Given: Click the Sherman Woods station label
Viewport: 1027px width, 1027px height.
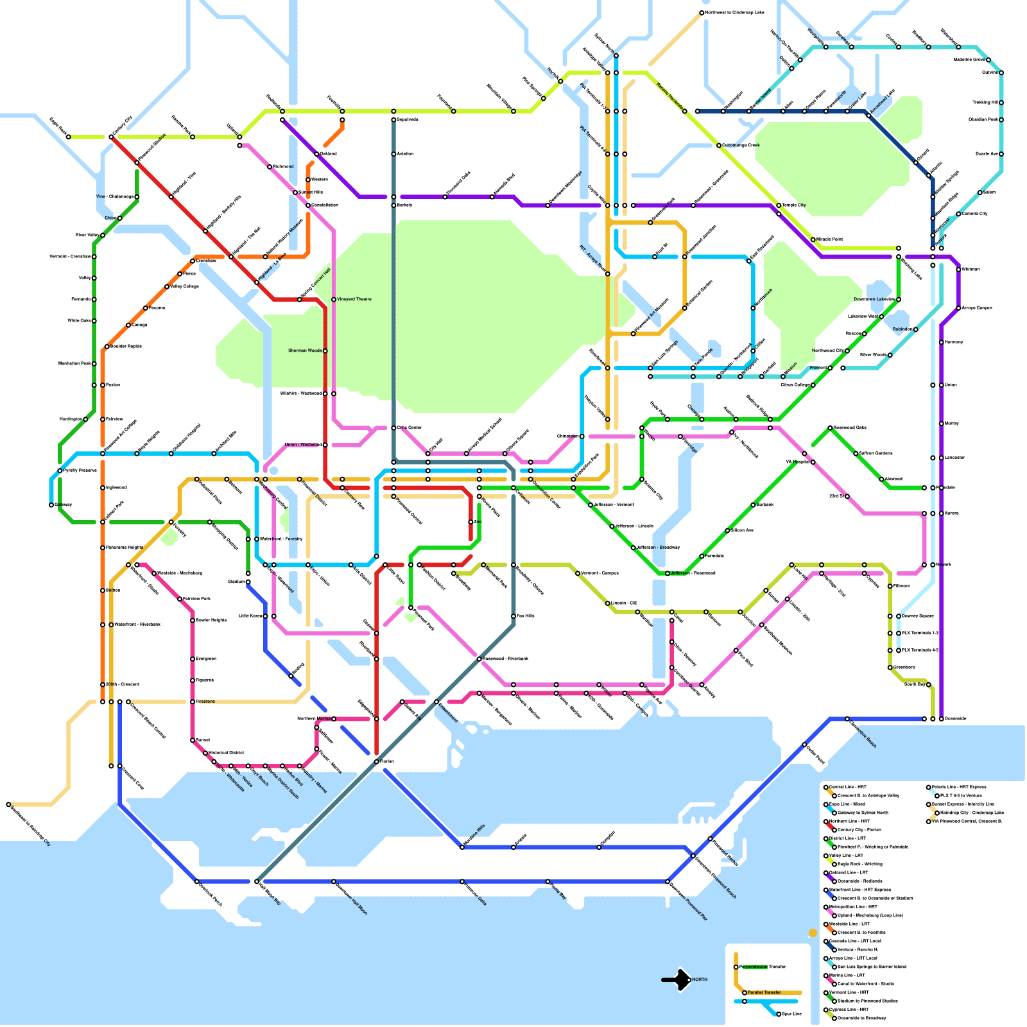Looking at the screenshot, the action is tap(305, 350).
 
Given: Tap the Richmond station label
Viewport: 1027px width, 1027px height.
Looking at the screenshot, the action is tap(283, 166).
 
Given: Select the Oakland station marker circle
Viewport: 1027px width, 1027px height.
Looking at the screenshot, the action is tap(316, 154).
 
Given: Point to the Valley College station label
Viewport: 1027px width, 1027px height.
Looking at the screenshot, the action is tap(184, 286).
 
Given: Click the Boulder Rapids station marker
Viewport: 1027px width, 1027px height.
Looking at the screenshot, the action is tap(107, 347).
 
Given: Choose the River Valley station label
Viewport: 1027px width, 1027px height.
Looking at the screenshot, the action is tap(87, 235).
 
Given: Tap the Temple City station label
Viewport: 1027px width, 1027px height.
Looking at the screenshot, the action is tap(793, 205).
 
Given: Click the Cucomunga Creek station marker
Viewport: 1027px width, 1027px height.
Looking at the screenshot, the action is tap(719, 146).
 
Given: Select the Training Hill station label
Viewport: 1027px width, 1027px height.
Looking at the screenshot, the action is tap(985, 102).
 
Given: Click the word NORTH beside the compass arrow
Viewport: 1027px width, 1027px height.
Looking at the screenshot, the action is tap(700, 980).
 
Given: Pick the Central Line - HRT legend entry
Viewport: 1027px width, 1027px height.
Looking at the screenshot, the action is tap(847, 787).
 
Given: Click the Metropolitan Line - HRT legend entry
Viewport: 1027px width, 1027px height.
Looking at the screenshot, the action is tap(852, 907).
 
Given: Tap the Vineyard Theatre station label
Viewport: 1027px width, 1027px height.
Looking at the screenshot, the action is tap(354, 299).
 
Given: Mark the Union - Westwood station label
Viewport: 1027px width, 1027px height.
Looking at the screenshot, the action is tap(303, 445).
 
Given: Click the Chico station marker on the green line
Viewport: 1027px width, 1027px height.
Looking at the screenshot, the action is tap(119, 218).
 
